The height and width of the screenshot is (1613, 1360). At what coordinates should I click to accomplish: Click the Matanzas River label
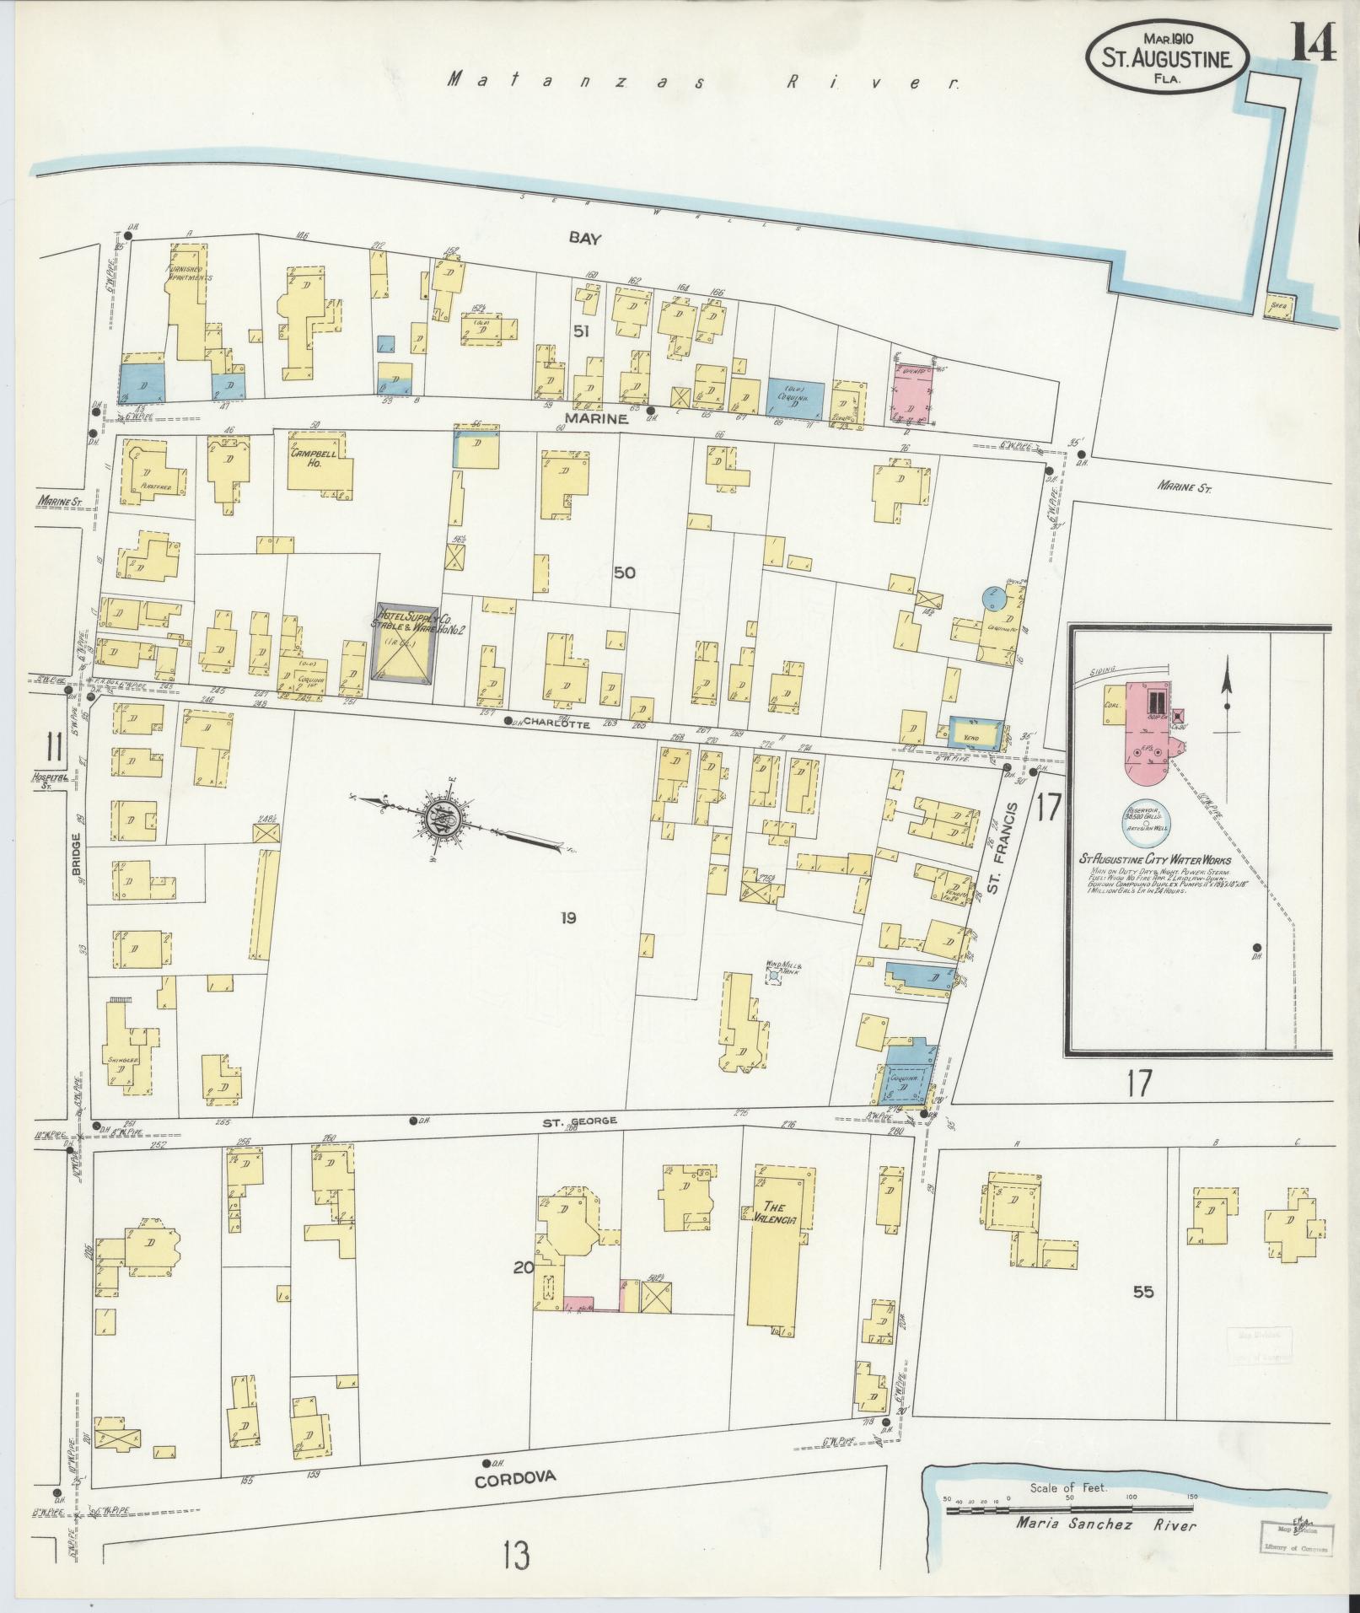(702, 82)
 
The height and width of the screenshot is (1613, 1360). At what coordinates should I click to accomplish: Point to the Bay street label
(584, 239)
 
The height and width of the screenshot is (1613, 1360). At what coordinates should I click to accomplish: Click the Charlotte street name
(557, 723)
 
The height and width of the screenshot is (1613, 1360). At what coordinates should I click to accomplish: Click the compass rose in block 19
(440, 817)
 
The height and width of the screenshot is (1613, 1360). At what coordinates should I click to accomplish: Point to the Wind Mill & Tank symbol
(773, 976)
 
